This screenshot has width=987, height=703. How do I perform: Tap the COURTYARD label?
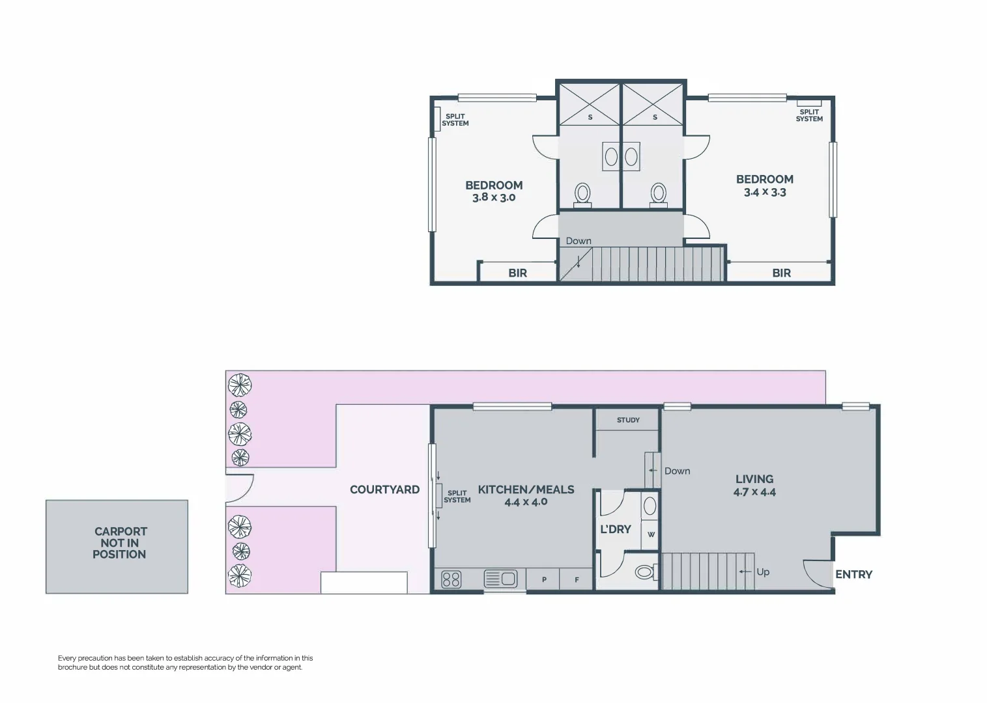pyautogui.click(x=384, y=489)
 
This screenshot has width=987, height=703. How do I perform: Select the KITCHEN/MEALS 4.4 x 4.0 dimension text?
pyautogui.click(x=526, y=502)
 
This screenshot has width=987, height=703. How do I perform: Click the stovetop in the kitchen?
pyautogui.click(x=451, y=579)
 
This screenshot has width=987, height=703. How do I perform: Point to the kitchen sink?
pyautogui.click(x=500, y=578)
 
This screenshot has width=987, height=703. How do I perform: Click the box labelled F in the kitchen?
pyautogui.click(x=577, y=579)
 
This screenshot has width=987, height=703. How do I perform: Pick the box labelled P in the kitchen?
pyautogui.click(x=544, y=579)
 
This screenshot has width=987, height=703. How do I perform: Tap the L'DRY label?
pyautogui.click(x=615, y=529)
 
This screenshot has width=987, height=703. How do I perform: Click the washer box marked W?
pyautogui.click(x=651, y=535)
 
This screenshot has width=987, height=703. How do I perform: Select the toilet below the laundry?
pyautogui.click(x=644, y=572)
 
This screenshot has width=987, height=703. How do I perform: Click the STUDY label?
pyautogui.click(x=628, y=420)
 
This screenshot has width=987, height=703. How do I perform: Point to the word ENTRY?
pyautogui.click(x=853, y=574)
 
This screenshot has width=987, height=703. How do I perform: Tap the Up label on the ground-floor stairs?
pyautogui.click(x=762, y=572)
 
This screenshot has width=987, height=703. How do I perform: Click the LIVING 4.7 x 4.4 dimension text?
pyautogui.click(x=754, y=492)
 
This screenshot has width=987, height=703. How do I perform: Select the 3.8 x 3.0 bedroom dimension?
pyautogui.click(x=494, y=197)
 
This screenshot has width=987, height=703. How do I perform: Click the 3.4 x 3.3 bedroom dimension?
pyautogui.click(x=765, y=192)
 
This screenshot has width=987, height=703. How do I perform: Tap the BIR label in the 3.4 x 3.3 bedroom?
pyautogui.click(x=781, y=273)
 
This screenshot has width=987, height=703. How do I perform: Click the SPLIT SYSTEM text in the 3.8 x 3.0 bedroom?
pyautogui.click(x=455, y=120)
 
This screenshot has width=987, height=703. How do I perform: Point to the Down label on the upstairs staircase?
pyautogui.click(x=579, y=241)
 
